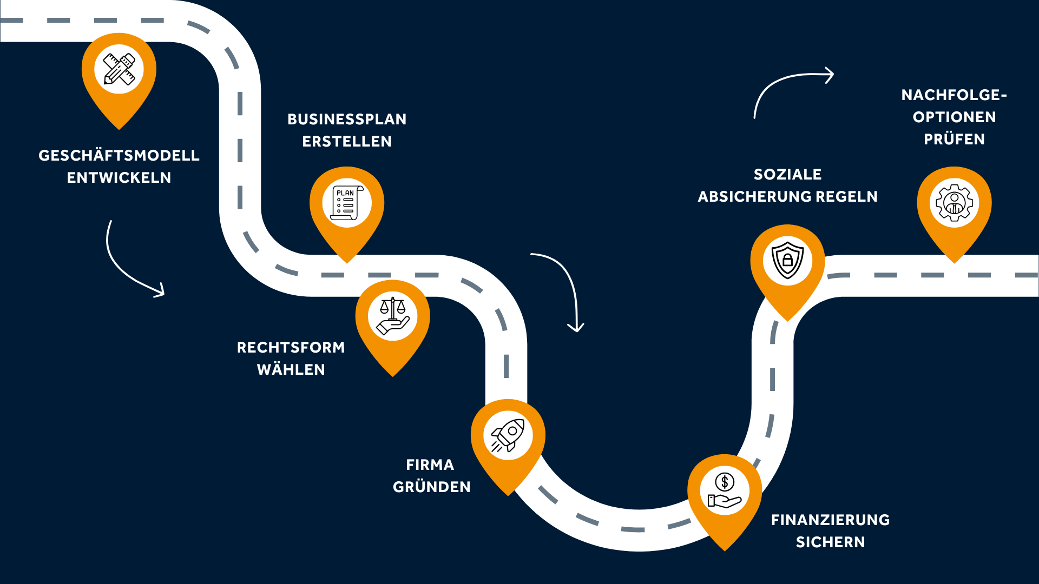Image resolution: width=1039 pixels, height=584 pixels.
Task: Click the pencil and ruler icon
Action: [119, 69]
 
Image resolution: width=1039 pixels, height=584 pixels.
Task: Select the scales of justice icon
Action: [393, 316]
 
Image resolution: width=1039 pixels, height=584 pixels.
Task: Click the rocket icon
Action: [508, 435]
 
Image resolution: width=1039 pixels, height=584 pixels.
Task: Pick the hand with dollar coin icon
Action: [725, 490]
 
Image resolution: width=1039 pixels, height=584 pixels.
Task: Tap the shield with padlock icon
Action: [787, 260]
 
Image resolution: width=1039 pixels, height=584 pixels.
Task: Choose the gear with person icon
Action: [955, 203]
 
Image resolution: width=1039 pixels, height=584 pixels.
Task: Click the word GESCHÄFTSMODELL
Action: [119, 155]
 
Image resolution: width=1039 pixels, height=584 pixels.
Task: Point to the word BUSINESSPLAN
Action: [347, 119]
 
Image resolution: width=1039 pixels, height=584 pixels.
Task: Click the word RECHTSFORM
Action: [291, 347]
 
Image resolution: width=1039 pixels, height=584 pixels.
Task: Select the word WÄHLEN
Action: [291, 369]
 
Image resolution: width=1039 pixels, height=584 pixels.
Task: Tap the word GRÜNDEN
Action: [432, 487]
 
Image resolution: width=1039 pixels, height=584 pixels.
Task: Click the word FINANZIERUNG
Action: [831, 520]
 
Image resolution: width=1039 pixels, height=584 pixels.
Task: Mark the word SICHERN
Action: [831, 542]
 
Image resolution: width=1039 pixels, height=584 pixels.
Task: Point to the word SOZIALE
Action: [788, 174]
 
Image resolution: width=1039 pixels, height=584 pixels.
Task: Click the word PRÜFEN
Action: [955, 139]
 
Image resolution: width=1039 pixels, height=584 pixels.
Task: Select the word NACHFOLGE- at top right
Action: [955, 95]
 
